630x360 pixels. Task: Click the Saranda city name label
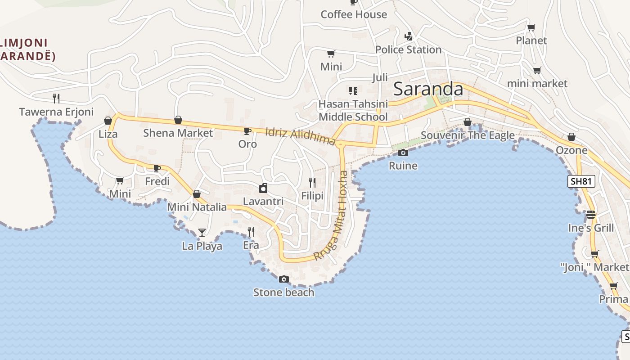(x=428, y=89)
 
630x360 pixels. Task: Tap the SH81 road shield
(x=581, y=181)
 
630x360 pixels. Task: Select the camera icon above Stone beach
(x=283, y=279)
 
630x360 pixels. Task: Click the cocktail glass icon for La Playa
(x=202, y=233)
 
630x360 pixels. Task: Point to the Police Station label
(x=408, y=49)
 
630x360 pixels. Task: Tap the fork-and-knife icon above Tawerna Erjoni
(x=56, y=98)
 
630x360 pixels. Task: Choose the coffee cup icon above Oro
(x=247, y=131)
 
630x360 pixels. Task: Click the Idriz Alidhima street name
(x=300, y=136)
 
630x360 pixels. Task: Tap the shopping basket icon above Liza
(x=108, y=121)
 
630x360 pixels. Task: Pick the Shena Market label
(x=178, y=133)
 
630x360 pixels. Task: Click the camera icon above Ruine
(x=403, y=153)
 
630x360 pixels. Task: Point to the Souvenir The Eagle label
(x=468, y=135)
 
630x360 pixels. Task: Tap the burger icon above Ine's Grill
(x=591, y=215)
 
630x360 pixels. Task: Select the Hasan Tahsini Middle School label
(x=353, y=111)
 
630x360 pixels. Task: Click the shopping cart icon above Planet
(x=531, y=27)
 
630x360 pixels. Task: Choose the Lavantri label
(x=263, y=201)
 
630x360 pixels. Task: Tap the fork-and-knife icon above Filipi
(x=312, y=182)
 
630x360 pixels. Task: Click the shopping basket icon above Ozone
(x=571, y=137)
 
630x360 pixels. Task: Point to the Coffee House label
(x=354, y=14)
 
